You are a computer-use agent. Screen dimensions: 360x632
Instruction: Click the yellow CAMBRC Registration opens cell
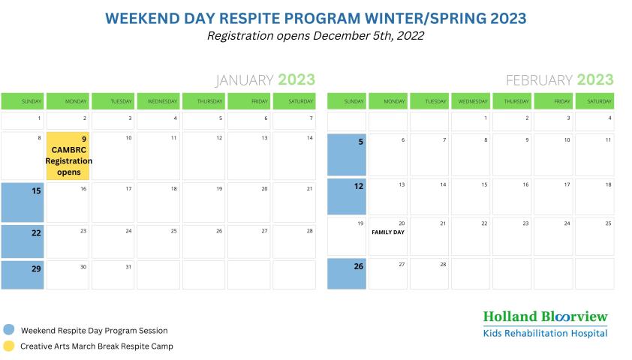coord(68,156)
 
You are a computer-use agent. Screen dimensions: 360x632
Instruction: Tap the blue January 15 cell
coord(23,202)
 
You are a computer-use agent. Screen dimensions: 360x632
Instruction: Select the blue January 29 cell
coord(23,274)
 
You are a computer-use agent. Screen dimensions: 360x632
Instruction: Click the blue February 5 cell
coord(347,154)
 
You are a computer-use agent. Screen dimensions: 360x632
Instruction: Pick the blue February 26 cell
coord(347,274)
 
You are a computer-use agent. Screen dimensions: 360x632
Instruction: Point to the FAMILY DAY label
coord(388,232)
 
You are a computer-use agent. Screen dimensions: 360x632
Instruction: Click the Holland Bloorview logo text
coord(545,316)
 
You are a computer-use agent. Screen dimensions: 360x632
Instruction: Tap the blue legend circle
coord(8,330)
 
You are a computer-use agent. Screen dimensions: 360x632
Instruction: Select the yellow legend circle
coord(8,346)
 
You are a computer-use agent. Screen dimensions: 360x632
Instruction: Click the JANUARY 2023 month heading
coord(265,80)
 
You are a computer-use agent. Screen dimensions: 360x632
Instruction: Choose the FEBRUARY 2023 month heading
coord(559,80)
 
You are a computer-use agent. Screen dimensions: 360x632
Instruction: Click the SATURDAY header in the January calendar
coord(294,101)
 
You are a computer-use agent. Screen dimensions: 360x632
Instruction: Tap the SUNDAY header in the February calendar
coord(347,101)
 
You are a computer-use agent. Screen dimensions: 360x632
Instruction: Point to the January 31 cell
coord(113,274)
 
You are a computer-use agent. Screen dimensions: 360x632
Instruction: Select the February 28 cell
coord(429,274)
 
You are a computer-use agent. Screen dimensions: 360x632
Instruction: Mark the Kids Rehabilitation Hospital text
coord(545,333)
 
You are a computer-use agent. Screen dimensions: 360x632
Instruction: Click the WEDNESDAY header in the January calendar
coord(158,101)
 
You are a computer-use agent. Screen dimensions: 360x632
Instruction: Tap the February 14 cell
coord(429,196)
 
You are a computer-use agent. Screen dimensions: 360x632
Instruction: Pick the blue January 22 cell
coord(23,241)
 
